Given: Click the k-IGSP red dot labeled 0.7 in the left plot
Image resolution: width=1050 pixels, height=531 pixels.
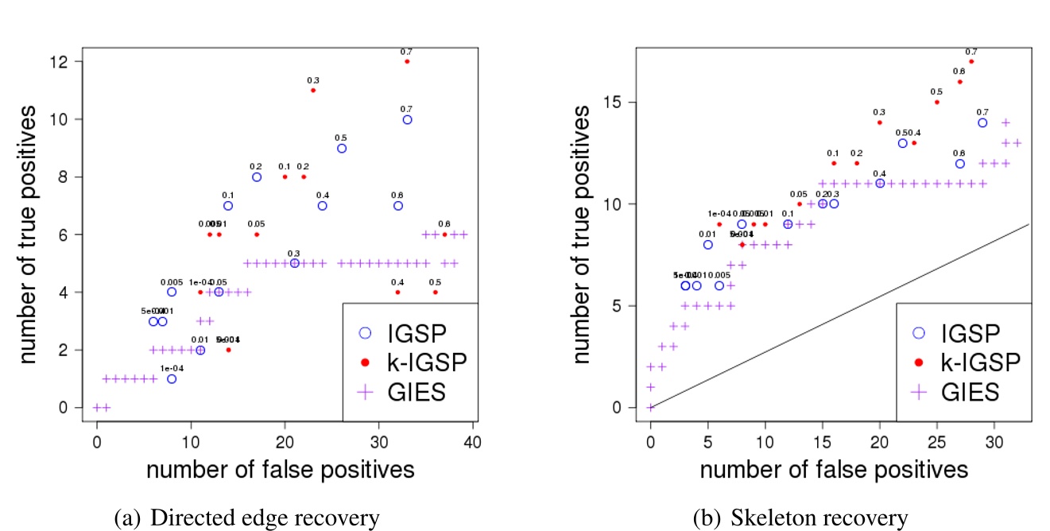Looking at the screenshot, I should [x=407, y=61].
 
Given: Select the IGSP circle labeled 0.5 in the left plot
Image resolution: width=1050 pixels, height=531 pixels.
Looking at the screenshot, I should [x=342, y=148].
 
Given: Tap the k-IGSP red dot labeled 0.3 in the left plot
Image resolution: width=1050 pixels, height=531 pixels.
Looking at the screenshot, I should [x=313, y=90].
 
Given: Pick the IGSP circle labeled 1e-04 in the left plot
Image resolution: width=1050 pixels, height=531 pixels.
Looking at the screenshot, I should [x=172, y=379].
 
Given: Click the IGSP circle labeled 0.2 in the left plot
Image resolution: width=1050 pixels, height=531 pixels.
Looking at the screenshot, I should [x=257, y=177].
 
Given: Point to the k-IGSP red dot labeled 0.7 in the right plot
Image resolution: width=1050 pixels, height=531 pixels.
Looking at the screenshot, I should [x=971, y=61].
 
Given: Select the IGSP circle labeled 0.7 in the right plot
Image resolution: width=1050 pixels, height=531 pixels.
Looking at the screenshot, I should [x=982, y=122].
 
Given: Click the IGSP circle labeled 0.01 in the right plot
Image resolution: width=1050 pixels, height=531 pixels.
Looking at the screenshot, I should [x=707, y=245].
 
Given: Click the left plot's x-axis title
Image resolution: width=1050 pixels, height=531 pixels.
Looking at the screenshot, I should [x=280, y=470].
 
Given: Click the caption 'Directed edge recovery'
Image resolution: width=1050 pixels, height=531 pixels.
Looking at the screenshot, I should [x=247, y=519].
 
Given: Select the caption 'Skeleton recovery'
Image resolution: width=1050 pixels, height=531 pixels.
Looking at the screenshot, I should [x=800, y=519].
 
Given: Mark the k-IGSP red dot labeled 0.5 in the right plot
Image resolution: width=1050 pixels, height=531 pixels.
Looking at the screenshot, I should [x=937, y=102].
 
